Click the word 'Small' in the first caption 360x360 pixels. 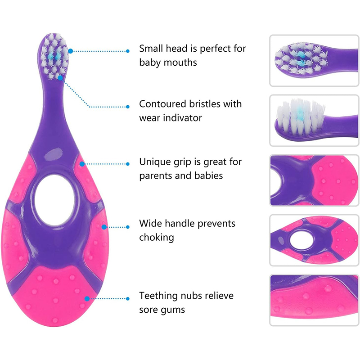coord(152,49)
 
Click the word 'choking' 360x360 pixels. coord(156,237)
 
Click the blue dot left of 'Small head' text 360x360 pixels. coord(128,51)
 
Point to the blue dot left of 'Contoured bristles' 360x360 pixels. coord(128,107)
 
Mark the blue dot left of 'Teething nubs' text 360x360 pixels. coord(128,298)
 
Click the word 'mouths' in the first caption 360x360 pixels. coord(180,63)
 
